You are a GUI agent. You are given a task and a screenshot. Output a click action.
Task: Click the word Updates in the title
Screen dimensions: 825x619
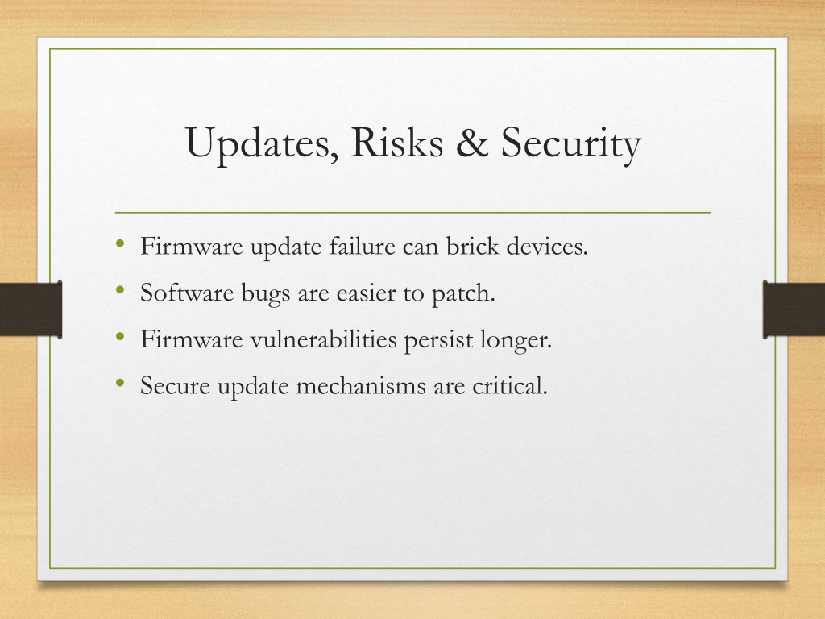(262, 143)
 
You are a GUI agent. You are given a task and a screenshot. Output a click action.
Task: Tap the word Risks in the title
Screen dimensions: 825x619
(396, 142)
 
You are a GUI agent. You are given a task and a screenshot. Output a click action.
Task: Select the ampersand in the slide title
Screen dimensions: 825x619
(472, 142)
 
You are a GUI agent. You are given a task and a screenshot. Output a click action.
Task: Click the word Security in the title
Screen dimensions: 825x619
(571, 143)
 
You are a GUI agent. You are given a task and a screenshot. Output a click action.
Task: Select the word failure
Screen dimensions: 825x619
(363, 247)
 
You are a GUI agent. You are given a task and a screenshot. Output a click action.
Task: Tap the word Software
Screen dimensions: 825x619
(187, 293)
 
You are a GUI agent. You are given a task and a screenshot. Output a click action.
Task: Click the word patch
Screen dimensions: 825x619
(463, 293)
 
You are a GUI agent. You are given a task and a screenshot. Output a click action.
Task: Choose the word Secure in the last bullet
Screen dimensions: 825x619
(175, 386)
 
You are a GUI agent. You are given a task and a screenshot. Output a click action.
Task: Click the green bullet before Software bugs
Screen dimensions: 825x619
(121, 289)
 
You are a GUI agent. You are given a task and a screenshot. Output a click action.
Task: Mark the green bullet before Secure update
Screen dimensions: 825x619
(121, 383)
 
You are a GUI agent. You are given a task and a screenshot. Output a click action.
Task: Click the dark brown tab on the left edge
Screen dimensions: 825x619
(31, 309)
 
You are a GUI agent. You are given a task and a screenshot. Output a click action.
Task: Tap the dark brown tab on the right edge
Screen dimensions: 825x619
(794, 309)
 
